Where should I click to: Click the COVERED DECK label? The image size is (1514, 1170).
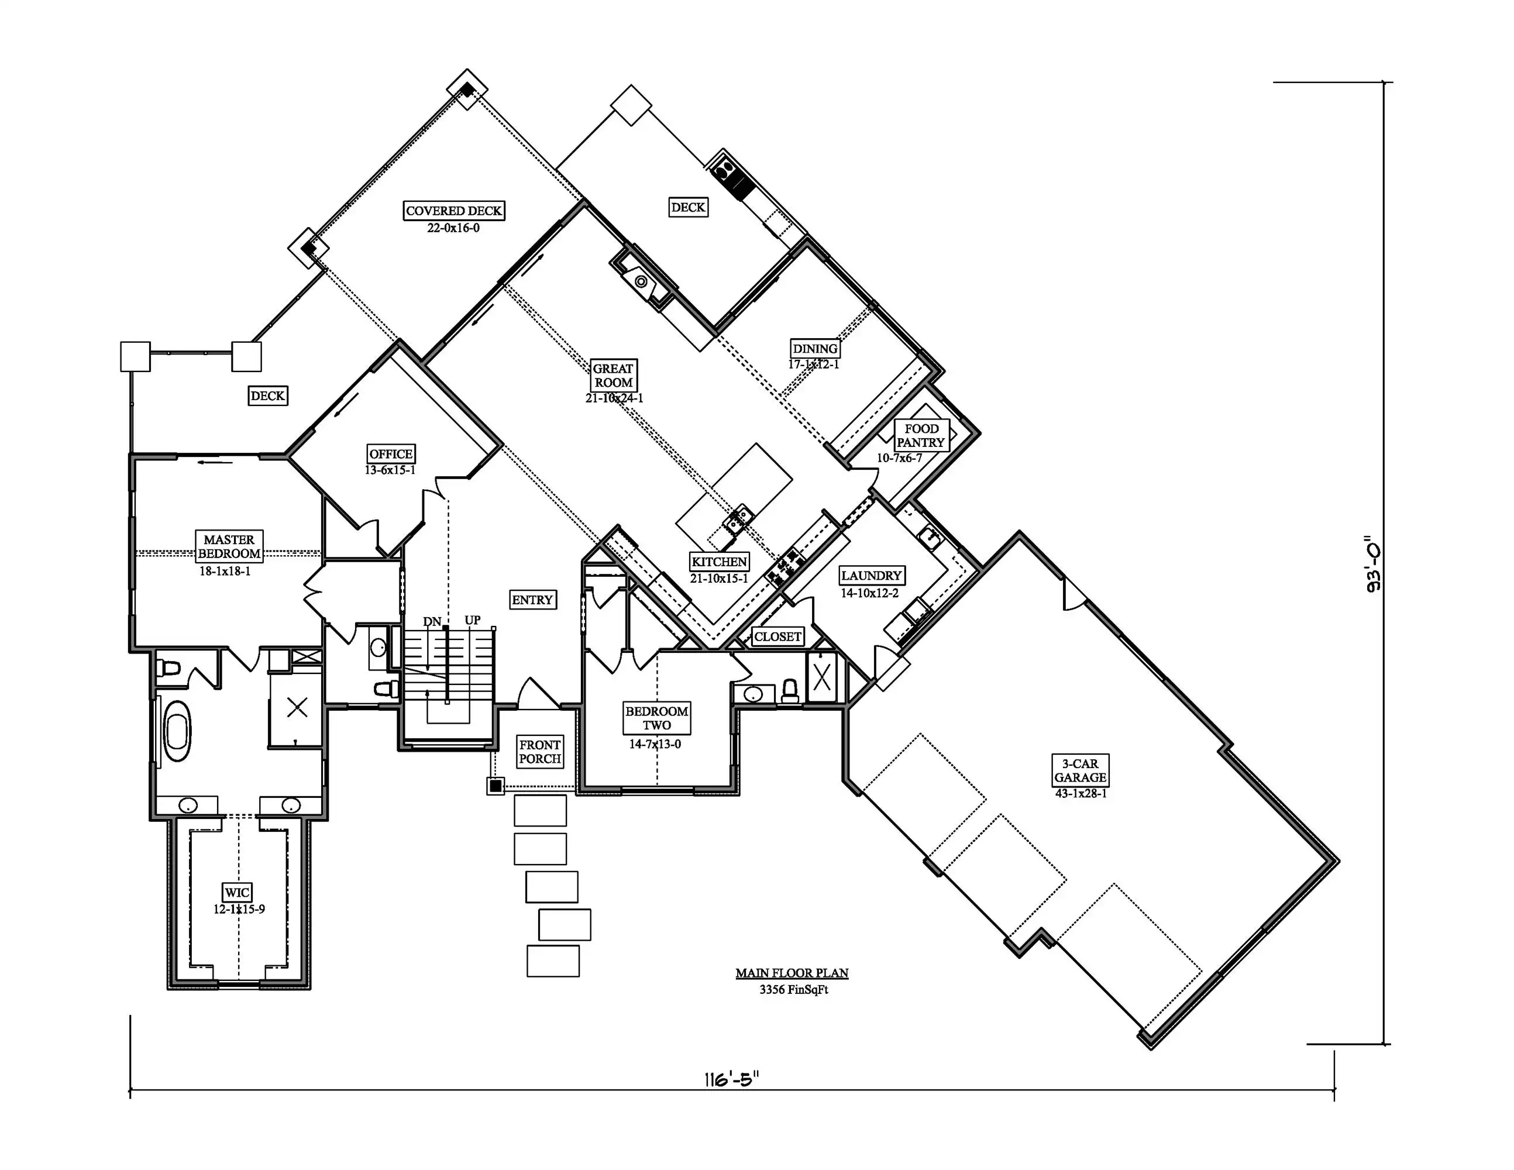454,211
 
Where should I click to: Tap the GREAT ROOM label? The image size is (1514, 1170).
613,376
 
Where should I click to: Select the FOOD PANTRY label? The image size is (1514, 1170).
921,436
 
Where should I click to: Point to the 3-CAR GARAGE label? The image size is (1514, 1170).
1080,770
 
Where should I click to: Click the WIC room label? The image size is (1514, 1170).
236,893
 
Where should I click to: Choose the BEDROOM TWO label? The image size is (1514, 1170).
656,718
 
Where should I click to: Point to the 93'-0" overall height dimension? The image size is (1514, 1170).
1372,563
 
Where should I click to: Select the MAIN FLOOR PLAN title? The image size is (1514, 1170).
792,973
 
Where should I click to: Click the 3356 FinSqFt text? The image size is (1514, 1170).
794,990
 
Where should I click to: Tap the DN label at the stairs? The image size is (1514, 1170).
432,621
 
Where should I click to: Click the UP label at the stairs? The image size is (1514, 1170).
473,620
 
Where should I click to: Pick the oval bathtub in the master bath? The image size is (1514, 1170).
177,731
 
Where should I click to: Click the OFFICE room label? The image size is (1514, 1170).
391,454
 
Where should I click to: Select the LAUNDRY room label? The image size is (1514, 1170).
872,575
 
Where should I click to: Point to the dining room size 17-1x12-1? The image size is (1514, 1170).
814,364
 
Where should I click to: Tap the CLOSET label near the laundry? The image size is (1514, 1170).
778,637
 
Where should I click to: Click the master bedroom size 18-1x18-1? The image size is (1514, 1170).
225,572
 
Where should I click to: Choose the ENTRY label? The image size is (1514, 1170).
532,600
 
